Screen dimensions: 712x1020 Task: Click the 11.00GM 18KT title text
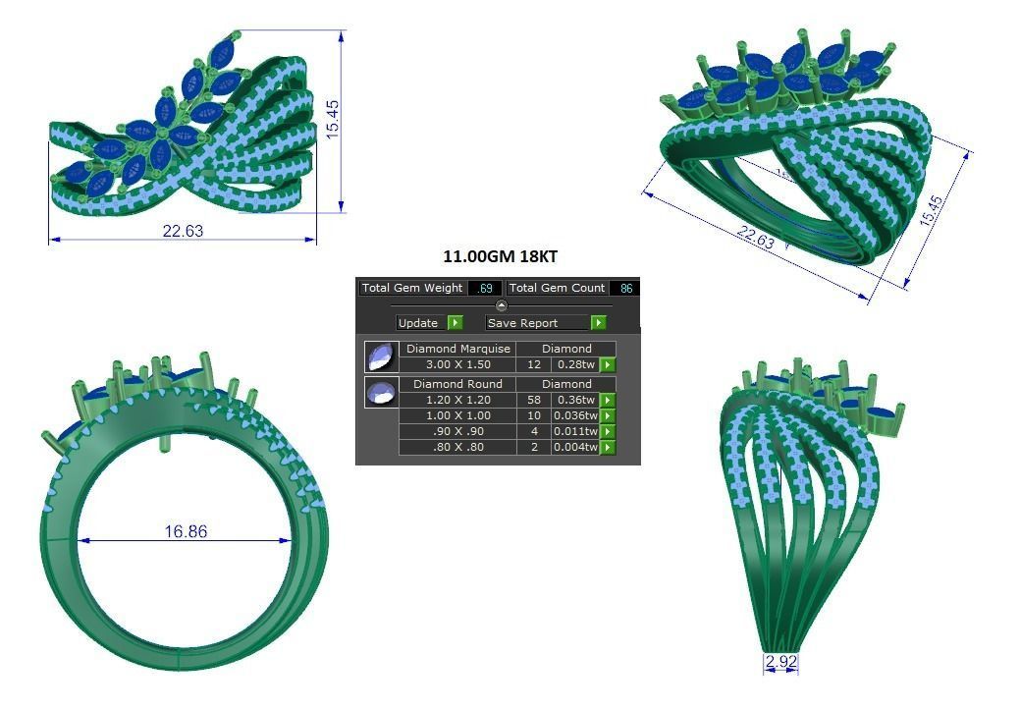500,256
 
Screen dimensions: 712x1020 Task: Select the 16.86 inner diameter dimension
186,531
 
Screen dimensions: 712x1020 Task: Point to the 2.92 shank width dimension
780,662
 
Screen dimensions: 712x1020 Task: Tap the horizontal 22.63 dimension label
184,231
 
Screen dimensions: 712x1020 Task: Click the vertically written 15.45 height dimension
333,118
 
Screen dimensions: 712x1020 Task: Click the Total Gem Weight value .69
484,288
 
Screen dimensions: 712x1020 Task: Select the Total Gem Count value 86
625,288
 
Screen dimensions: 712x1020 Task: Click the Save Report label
522,323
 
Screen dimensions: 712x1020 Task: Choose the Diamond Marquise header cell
458,349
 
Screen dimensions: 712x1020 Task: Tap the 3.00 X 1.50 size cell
458,364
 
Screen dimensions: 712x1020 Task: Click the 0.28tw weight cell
576,364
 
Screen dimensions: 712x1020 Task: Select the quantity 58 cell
534,400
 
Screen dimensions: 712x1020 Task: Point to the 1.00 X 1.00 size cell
458,415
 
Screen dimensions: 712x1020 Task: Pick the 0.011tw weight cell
575,431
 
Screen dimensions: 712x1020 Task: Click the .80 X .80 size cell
458,447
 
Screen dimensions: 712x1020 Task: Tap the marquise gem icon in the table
381,356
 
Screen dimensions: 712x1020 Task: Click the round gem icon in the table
381,392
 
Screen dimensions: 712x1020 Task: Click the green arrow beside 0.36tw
608,400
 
